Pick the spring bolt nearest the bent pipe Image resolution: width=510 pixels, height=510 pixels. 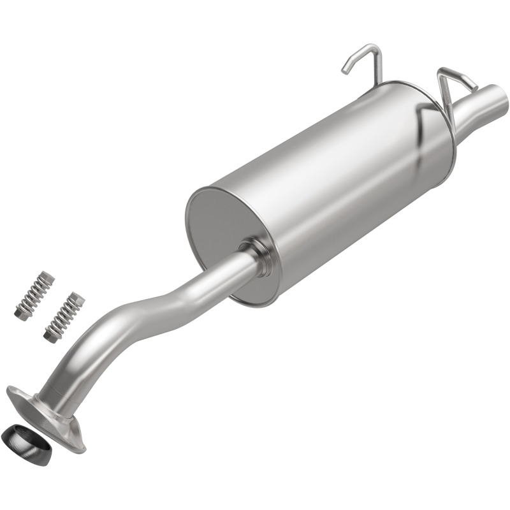pos(64,316)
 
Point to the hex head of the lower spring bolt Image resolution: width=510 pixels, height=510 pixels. pos(50,333)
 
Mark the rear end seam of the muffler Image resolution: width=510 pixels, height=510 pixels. pos(446,127)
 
